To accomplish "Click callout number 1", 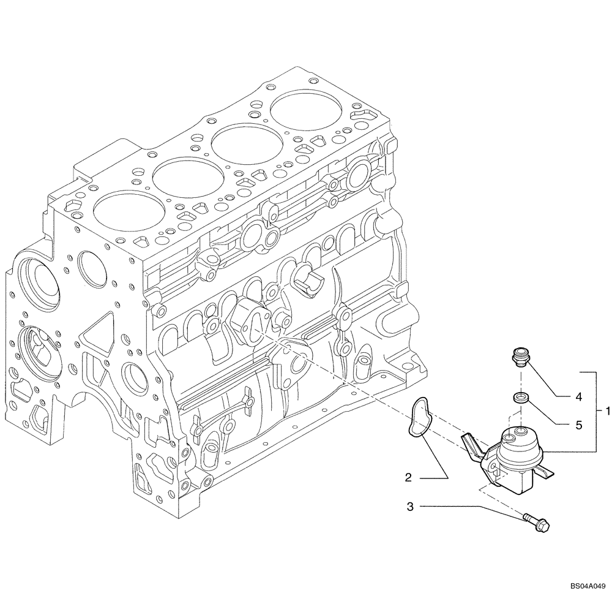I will click(606, 410).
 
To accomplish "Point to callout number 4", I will click(578, 396).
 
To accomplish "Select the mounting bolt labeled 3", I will click(536, 522).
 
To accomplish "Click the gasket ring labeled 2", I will click(420, 418).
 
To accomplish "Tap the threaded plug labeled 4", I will click(519, 357).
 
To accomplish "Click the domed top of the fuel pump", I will click(518, 441).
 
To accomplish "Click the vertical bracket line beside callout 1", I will click(595, 410).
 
